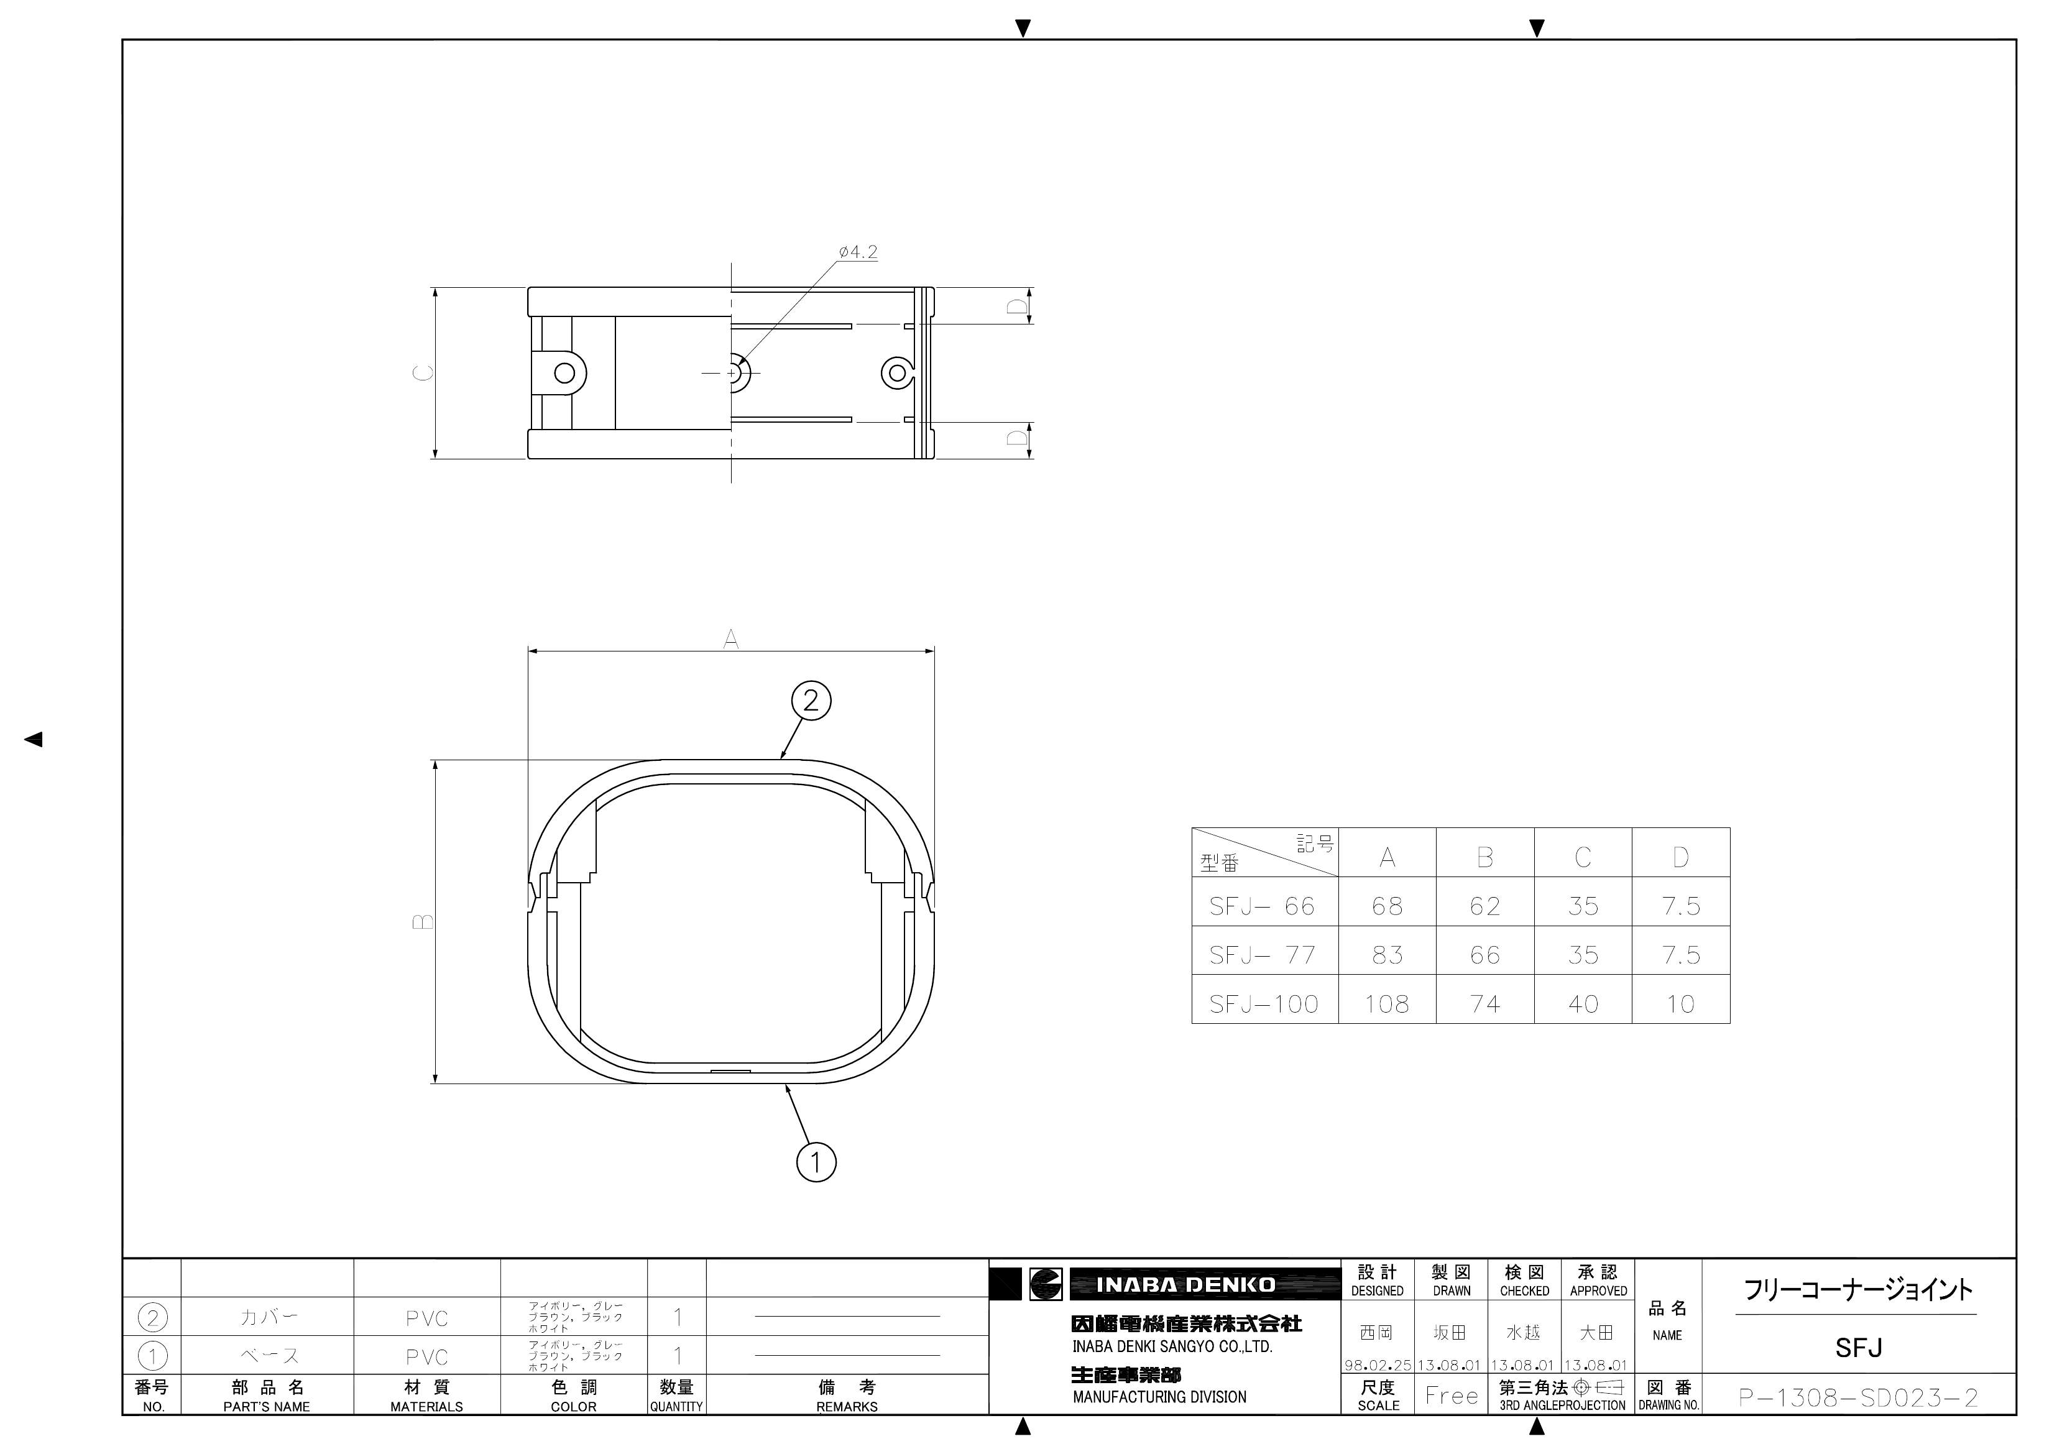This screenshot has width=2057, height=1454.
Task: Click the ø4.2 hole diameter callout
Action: click(x=858, y=252)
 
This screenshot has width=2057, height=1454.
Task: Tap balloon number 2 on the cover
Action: click(x=811, y=701)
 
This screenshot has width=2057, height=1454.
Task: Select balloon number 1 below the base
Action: click(x=815, y=1163)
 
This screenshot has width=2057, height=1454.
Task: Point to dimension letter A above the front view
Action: click(x=731, y=639)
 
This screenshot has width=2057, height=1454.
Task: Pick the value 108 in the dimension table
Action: click(x=1387, y=1005)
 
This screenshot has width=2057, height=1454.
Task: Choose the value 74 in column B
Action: click(x=1484, y=1005)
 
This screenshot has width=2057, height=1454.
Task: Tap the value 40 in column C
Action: click(x=1583, y=1005)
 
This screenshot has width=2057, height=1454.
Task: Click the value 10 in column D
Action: click(x=1681, y=1005)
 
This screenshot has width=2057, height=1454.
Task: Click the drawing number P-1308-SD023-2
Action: click(x=1858, y=1397)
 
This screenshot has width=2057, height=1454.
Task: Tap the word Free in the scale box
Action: click(x=1452, y=1396)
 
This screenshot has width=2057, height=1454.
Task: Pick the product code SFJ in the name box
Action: click(x=1858, y=1348)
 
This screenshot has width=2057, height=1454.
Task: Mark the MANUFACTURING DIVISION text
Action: click(x=1159, y=1397)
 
